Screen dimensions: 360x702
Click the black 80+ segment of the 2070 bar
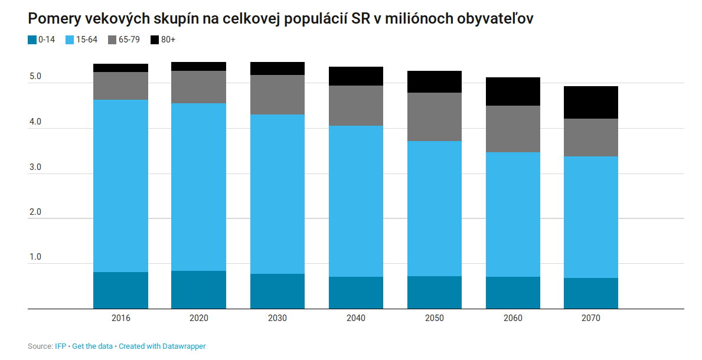(x=590, y=102)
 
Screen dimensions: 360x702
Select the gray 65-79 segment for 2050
(x=434, y=117)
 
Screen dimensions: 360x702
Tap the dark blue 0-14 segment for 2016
(x=120, y=290)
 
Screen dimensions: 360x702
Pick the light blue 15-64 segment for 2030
(x=277, y=194)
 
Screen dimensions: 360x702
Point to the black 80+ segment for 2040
(x=355, y=76)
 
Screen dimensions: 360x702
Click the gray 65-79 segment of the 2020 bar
(x=198, y=87)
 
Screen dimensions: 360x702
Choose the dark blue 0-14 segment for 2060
(x=512, y=292)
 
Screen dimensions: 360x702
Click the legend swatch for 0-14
(x=32, y=40)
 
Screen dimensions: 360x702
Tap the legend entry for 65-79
(x=124, y=40)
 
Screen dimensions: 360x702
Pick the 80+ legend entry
(x=163, y=40)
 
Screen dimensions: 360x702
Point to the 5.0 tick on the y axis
(x=35, y=77)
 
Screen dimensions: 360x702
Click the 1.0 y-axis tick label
(x=35, y=257)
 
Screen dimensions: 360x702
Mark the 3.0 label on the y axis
(x=35, y=168)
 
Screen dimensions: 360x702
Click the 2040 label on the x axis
(x=355, y=318)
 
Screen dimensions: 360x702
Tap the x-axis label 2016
(x=120, y=318)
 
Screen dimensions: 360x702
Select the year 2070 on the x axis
(x=590, y=318)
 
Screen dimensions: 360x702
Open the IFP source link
(x=60, y=346)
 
